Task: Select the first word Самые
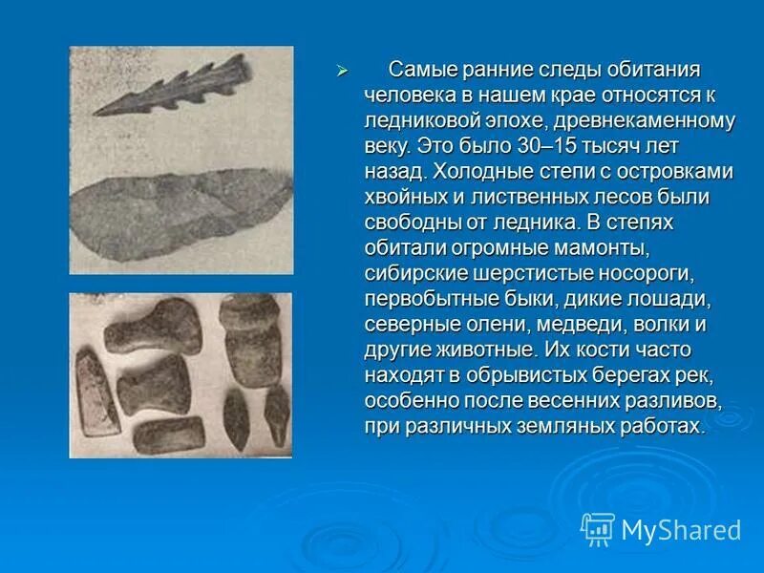[422, 71]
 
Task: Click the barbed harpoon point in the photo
[172, 86]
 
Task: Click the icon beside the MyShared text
[598, 528]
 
